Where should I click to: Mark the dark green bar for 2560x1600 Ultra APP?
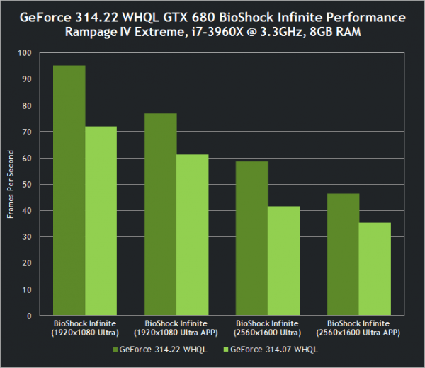344,254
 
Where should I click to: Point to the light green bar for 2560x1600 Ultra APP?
375,269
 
